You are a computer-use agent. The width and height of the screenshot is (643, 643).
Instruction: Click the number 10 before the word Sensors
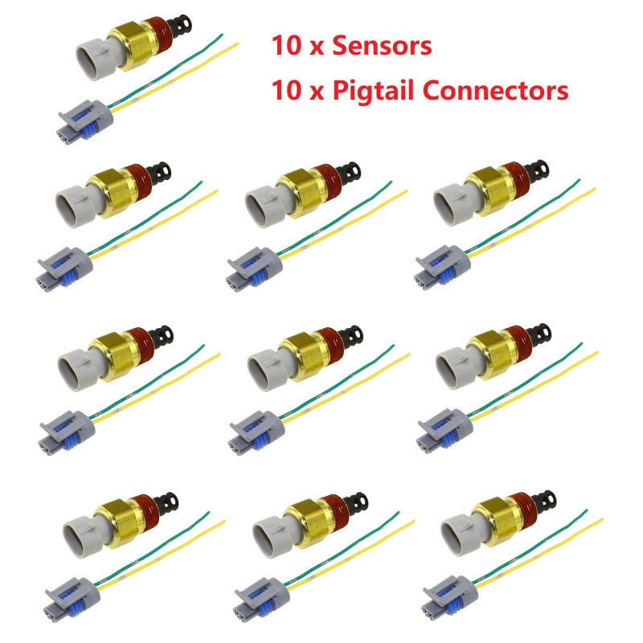click(285, 46)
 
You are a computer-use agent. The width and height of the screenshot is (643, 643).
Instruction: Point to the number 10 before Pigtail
click(285, 90)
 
